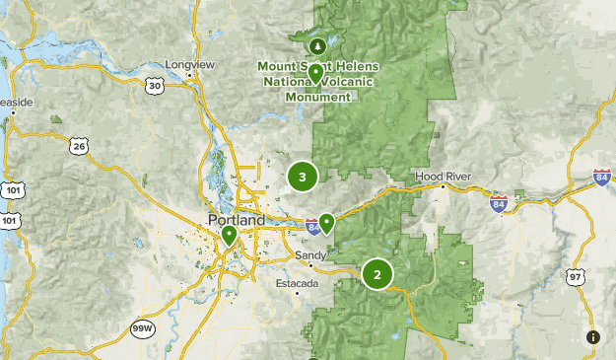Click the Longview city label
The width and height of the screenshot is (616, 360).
click(190, 65)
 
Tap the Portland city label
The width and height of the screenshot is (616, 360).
click(237, 220)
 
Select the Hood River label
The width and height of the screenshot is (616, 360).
click(443, 177)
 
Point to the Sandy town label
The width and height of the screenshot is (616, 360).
click(311, 255)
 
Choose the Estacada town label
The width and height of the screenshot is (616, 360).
click(297, 284)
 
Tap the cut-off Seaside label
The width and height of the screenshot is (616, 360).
click(17, 102)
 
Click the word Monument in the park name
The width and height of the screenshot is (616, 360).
click(317, 98)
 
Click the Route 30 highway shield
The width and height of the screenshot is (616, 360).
click(155, 87)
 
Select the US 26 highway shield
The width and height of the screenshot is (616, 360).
click(79, 146)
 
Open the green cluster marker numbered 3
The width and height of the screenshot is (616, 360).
click(303, 178)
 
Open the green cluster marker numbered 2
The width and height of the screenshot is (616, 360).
click(377, 273)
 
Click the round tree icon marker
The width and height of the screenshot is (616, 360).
click(317, 45)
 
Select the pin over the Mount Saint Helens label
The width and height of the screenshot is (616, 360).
click(315, 74)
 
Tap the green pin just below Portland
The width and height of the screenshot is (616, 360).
click(229, 236)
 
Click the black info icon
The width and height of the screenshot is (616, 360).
click(593, 337)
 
